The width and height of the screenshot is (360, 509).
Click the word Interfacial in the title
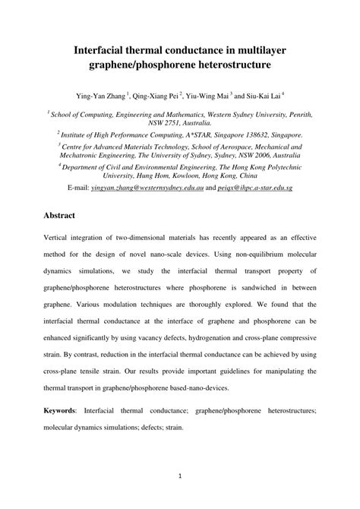pyautogui.click(x=105, y=51)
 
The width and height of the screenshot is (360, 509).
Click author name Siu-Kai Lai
pyautogui.click(x=280, y=96)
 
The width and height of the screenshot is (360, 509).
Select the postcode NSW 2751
pyautogui.click(x=170, y=122)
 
